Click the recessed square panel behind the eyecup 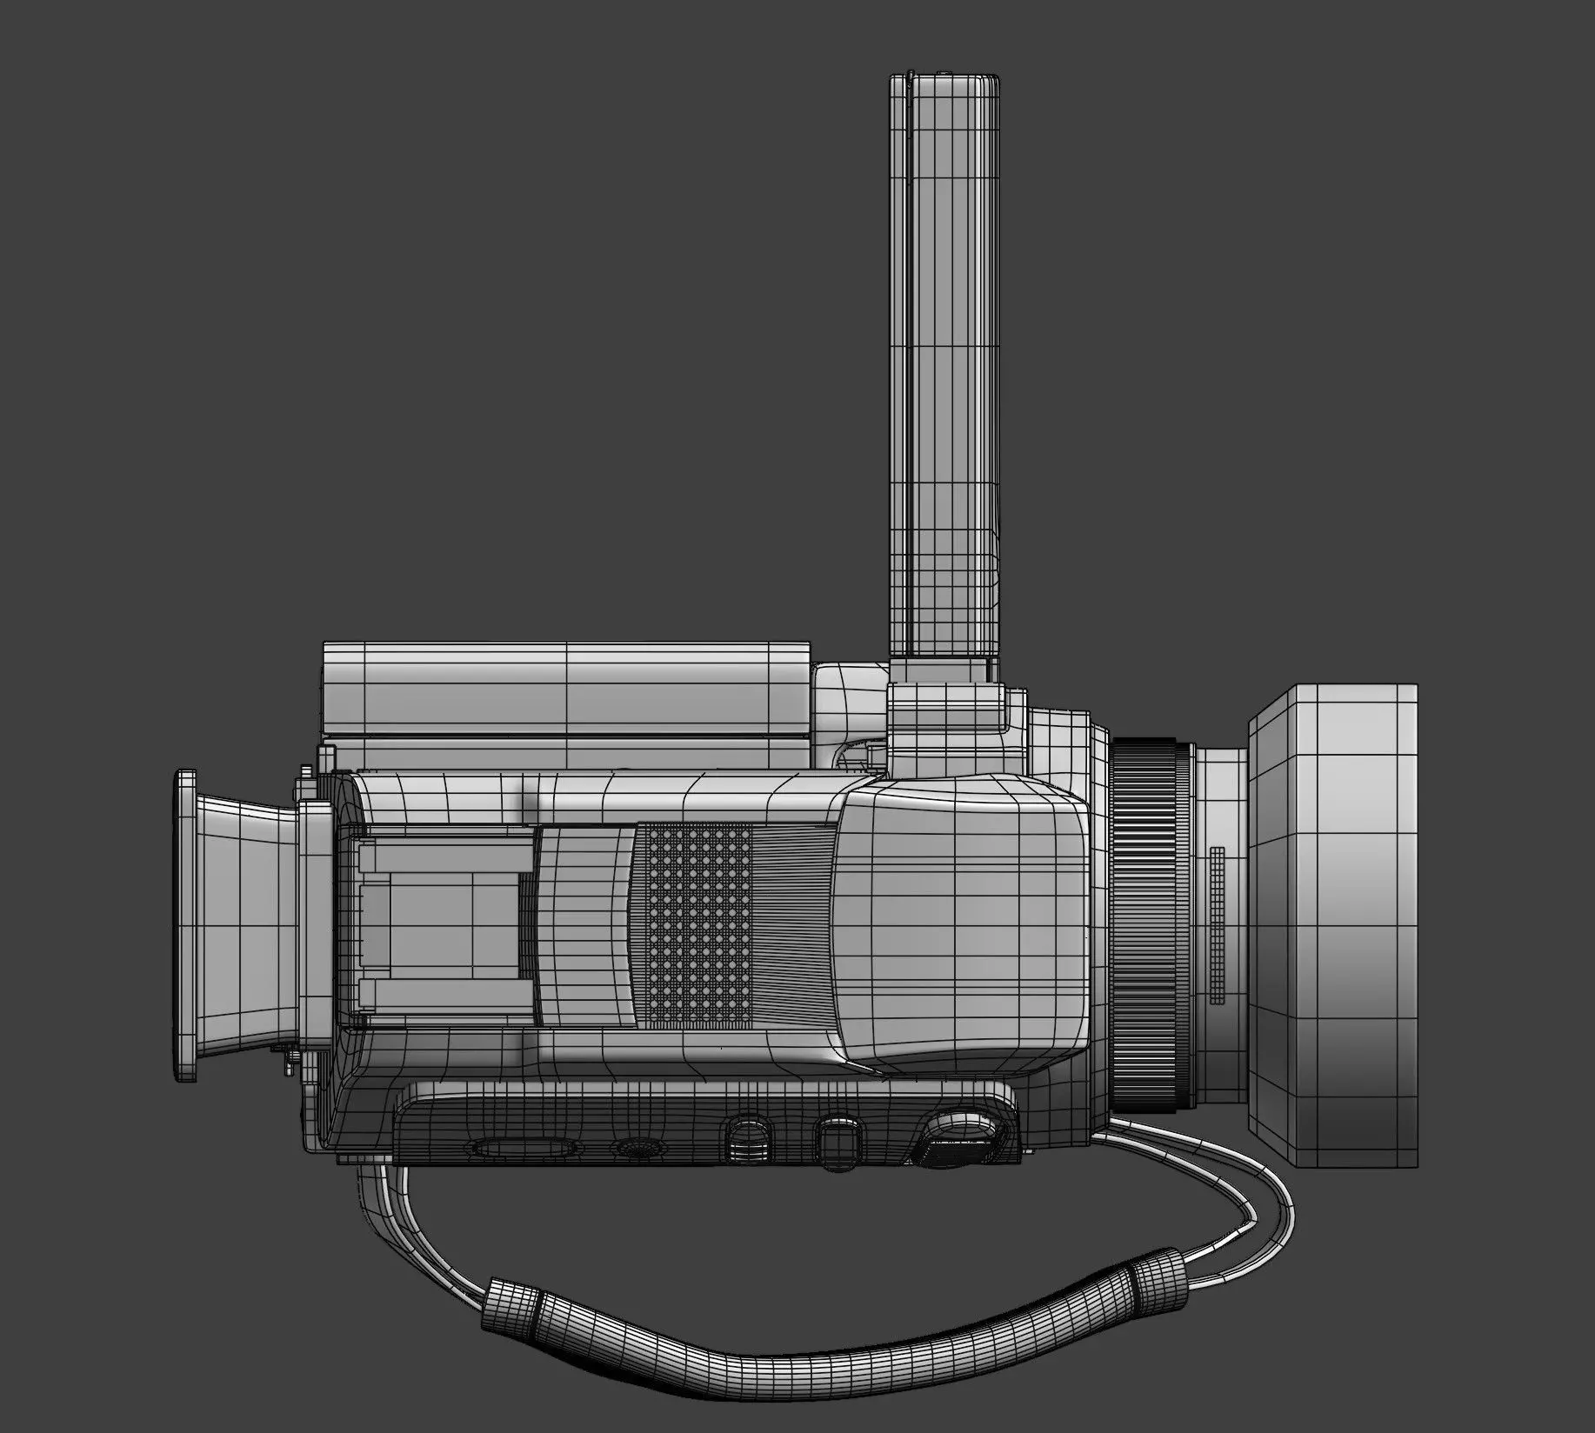444,926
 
